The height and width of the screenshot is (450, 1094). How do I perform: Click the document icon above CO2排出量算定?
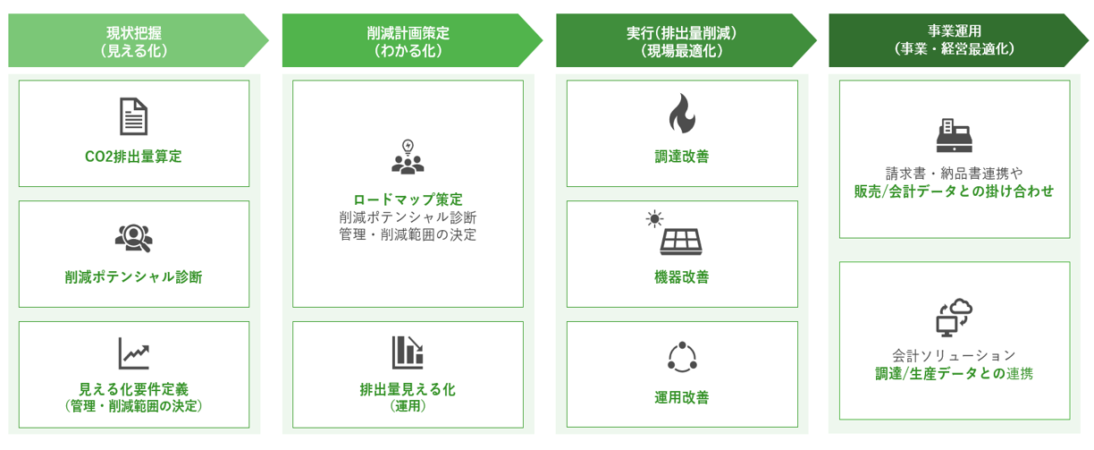click(x=133, y=116)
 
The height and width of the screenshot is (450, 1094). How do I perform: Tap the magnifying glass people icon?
click(x=133, y=238)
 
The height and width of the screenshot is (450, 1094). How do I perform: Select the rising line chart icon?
click(x=134, y=353)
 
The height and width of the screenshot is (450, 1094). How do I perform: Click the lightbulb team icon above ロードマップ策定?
click(x=408, y=157)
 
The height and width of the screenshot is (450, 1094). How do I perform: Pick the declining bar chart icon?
click(x=408, y=352)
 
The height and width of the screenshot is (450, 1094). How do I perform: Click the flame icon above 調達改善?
click(x=682, y=114)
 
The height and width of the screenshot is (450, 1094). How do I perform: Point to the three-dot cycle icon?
click(x=682, y=357)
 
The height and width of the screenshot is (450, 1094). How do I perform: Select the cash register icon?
click(x=955, y=135)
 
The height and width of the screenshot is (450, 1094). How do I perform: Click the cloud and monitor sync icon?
click(x=955, y=318)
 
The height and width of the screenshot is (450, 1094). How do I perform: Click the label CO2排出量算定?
click(x=133, y=157)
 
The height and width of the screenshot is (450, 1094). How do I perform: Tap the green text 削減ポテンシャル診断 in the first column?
click(x=133, y=277)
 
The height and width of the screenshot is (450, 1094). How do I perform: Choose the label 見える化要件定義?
click(x=134, y=389)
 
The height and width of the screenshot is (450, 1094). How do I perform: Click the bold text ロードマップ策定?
click(x=408, y=200)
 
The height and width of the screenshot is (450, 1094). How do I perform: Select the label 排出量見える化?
click(x=408, y=389)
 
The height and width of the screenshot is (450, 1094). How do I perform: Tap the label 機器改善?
click(x=682, y=277)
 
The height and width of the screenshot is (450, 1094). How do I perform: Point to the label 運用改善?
click(x=682, y=397)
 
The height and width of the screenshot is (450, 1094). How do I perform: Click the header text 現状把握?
click(x=134, y=33)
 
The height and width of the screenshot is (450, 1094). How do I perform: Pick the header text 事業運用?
click(x=955, y=30)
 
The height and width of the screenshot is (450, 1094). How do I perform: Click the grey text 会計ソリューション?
click(x=955, y=355)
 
